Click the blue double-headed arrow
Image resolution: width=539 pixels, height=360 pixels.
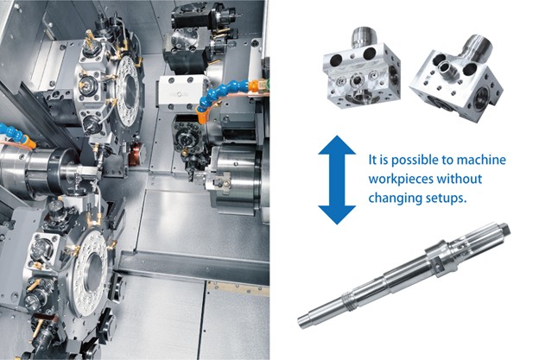click(x=337, y=180)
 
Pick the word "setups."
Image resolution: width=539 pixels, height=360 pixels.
click(x=447, y=199)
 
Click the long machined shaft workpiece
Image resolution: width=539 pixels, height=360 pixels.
click(x=403, y=275)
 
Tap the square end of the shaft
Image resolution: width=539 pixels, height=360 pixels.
click(x=504, y=229)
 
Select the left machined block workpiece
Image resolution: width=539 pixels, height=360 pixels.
click(x=361, y=68)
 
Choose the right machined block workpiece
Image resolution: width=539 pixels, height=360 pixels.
click(x=458, y=79)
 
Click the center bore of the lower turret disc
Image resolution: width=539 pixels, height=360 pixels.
click(x=93, y=271)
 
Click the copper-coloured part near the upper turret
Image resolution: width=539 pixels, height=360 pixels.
click(x=135, y=155)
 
